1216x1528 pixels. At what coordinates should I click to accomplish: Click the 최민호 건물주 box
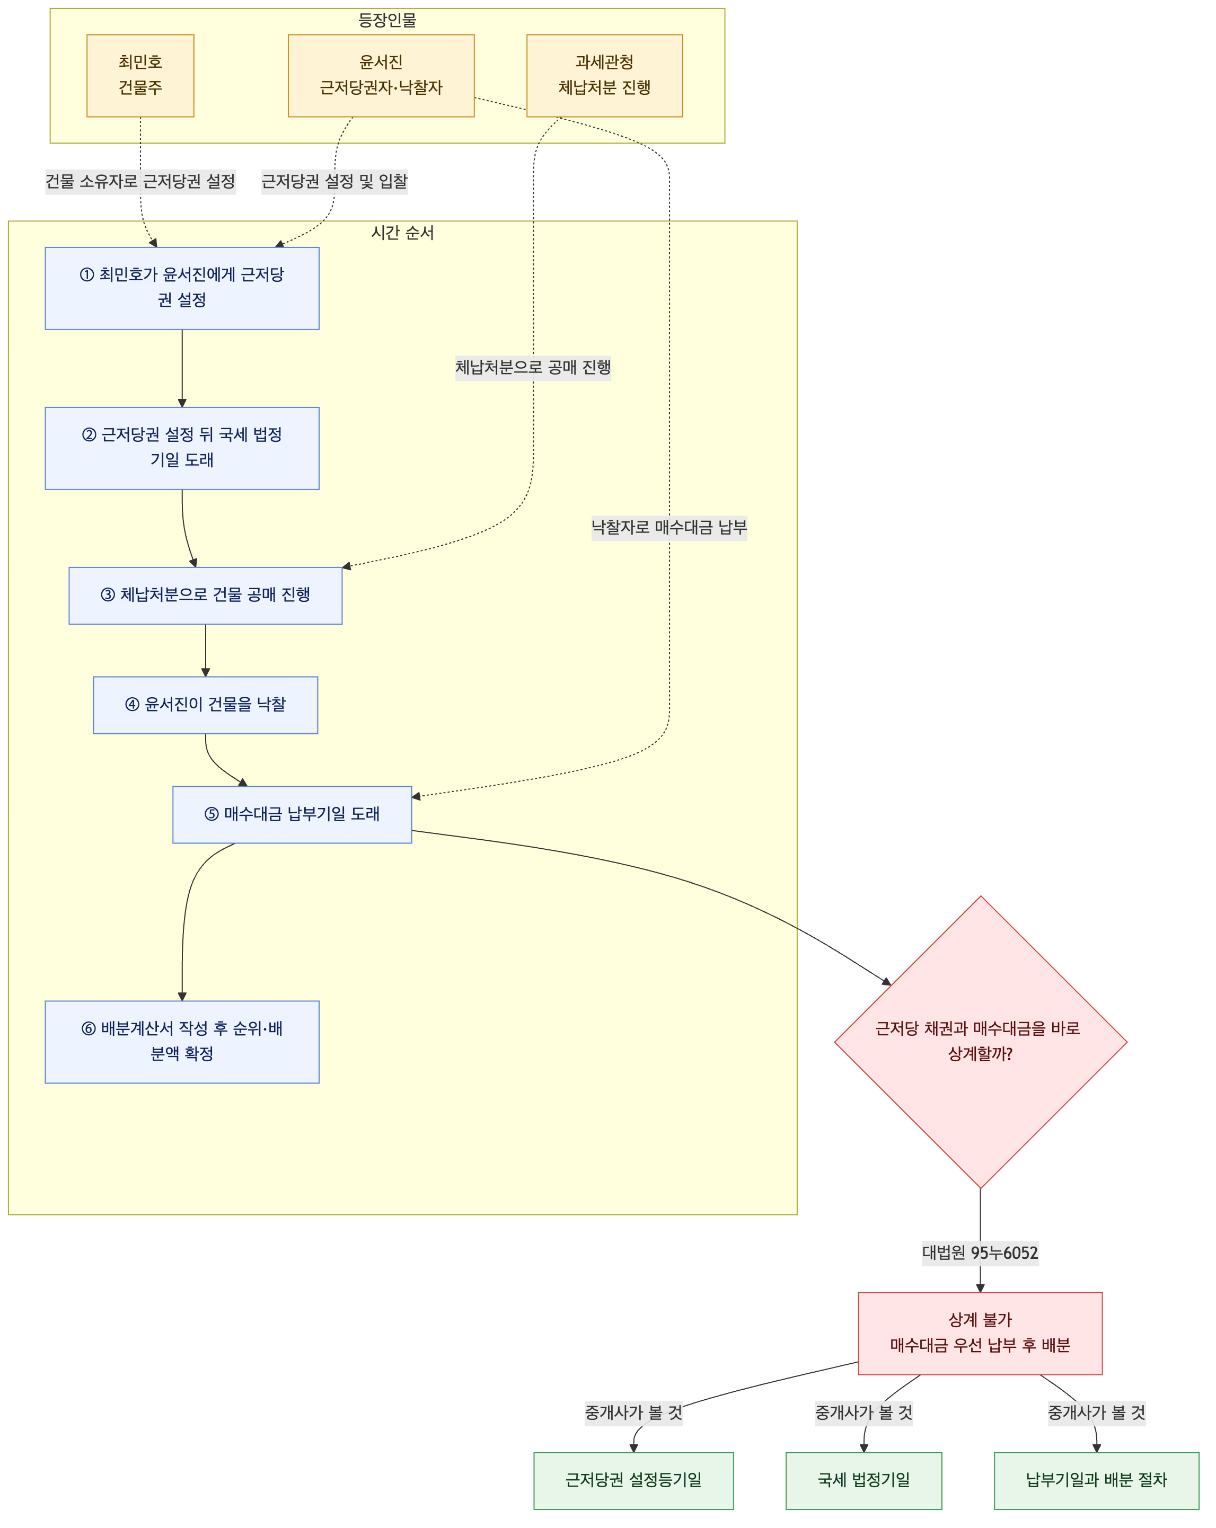[140, 76]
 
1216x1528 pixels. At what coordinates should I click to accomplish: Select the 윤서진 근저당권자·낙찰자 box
[381, 76]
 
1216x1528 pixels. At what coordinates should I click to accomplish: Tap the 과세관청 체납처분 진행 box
[605, 76]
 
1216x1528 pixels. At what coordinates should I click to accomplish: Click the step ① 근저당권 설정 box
[182, 288]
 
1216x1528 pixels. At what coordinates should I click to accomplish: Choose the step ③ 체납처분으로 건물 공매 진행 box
[206, 596]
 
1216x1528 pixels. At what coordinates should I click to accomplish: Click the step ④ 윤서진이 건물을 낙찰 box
[206, 705]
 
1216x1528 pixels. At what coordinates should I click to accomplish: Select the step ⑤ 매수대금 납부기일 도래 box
[292, 815]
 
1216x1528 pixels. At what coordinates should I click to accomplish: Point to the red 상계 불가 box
[981, 1334]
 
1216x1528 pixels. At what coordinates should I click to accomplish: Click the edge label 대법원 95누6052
[981, 1253]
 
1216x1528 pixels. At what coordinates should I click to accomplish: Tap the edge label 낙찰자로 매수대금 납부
[669, 527]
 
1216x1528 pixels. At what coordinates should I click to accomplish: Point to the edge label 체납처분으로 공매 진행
[533, 367]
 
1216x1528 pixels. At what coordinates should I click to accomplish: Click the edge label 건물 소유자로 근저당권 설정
[140, 181]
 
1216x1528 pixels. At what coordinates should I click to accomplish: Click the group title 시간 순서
[403, 233]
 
